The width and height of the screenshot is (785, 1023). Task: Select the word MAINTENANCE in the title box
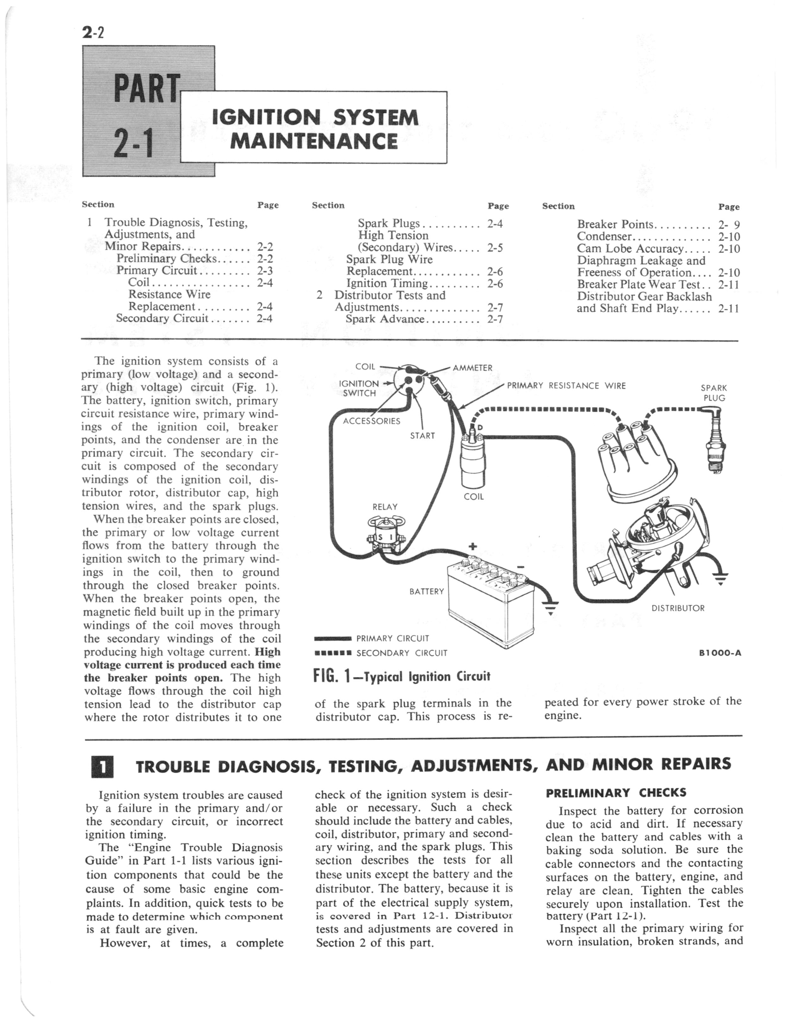314,141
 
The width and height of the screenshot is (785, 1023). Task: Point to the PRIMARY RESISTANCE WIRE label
566,386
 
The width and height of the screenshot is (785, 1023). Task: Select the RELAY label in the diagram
385,507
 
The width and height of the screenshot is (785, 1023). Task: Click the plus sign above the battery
473,546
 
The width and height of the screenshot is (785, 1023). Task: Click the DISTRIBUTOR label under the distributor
678,608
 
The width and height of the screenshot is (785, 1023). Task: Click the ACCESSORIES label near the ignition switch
372,421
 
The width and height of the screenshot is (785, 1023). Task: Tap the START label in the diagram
422,436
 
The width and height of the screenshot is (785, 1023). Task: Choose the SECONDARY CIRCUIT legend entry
401,653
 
